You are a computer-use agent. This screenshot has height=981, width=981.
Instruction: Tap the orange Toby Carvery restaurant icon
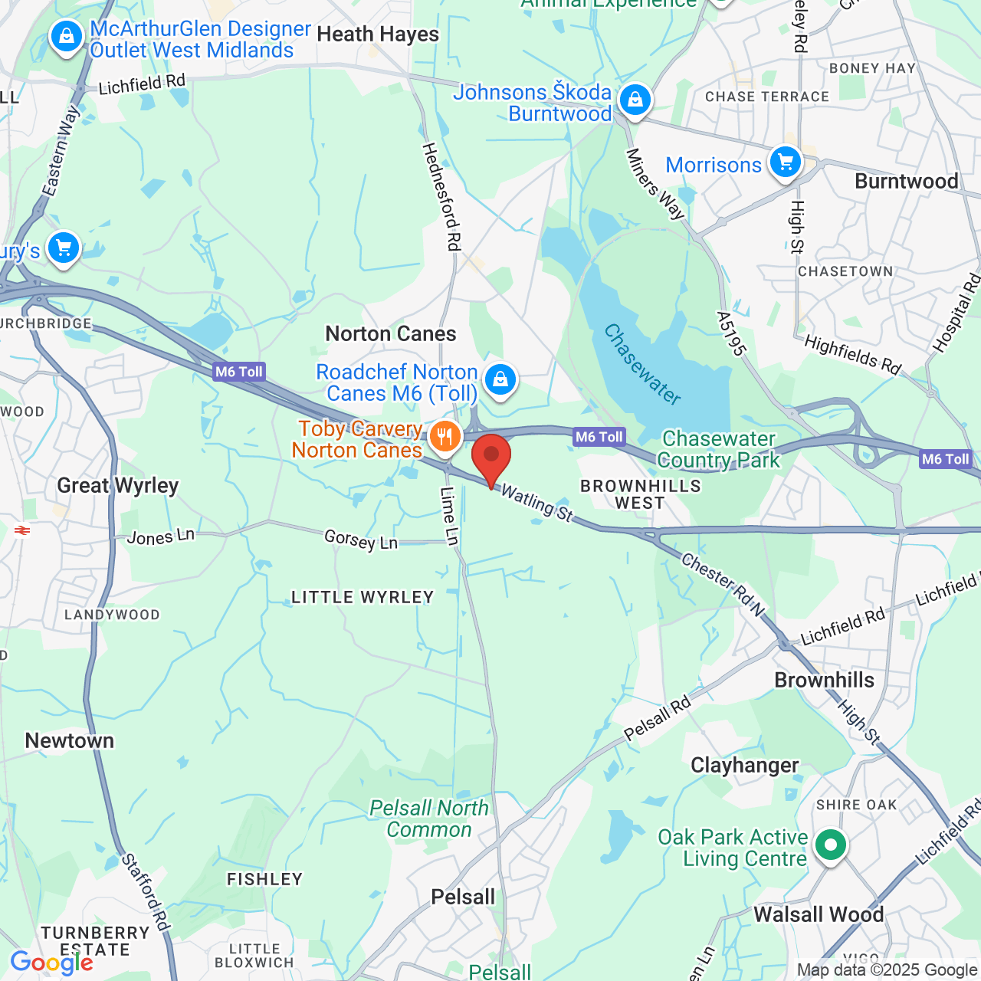pos(445,438)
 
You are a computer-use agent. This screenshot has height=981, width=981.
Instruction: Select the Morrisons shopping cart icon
pos(786,162)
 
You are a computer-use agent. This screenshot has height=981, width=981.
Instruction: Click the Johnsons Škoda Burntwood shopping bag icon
pos(635,100)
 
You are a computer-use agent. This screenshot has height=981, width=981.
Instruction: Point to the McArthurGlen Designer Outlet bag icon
pos(67,36)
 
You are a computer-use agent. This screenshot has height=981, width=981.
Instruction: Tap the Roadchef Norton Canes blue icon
pos(500,379)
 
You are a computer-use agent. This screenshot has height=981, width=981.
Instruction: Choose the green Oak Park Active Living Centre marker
pos(830,845)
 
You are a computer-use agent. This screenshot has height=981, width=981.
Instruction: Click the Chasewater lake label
pos(642,364)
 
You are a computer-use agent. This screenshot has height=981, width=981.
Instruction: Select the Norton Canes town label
pos(391,334)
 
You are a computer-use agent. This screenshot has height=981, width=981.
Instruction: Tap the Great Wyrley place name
pos(118,486)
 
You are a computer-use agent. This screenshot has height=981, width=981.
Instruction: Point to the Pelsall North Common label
pos(428,819)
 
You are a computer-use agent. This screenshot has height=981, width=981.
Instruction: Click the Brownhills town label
pos(824,680)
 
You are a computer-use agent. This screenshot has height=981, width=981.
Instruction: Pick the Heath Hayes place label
pos(378,34)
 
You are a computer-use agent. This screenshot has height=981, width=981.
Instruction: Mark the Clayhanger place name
pos(744,765)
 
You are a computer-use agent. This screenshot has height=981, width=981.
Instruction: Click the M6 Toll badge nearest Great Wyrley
pos(239,372)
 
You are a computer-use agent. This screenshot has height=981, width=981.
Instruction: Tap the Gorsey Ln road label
pos(361,540)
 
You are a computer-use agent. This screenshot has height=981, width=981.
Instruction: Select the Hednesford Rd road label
pos(442,196)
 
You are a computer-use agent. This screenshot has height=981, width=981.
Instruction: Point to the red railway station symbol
pos(22,530)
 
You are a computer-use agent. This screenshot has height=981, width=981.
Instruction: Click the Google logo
pos(52,962)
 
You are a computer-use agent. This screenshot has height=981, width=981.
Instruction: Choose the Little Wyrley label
pos(363,597)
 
